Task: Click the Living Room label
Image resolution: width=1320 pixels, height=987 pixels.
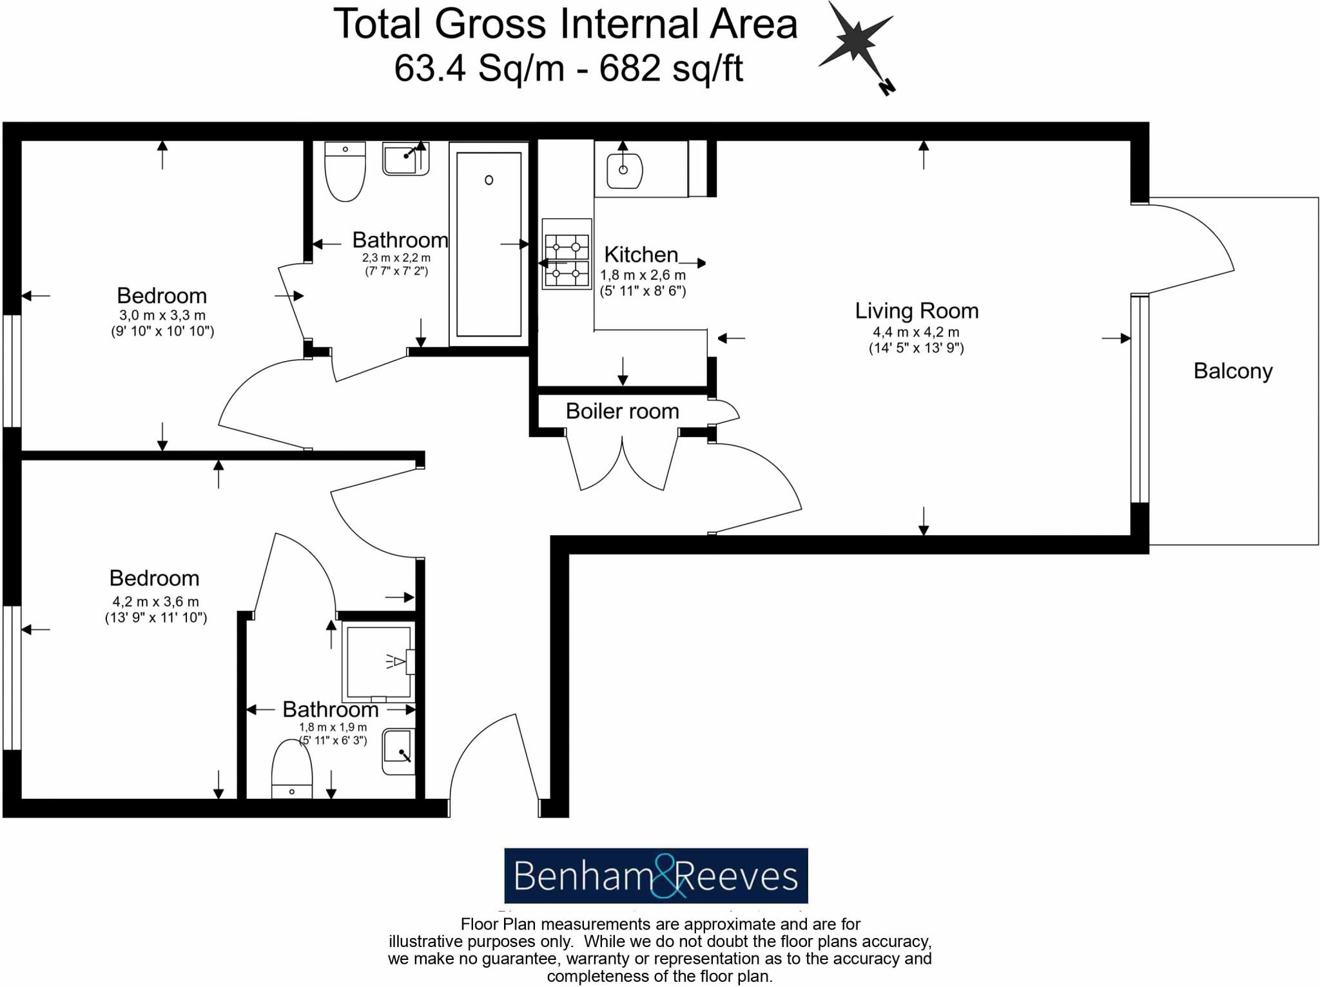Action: (x=916, y=311)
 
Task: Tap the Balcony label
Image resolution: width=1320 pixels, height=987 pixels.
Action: (x=1232, y=371)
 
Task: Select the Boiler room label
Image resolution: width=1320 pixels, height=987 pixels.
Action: (x=622, y=411)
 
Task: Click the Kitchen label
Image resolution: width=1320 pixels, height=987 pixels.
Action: (x=641, y=255)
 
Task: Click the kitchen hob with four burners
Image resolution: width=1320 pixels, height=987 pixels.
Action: (x=567, y=254)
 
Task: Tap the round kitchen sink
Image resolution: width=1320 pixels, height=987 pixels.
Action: (x=624, y=170)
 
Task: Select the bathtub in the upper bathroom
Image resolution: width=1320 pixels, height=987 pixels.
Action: (x=489, y=244)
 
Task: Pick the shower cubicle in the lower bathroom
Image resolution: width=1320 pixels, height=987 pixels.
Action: (x=379, y=662)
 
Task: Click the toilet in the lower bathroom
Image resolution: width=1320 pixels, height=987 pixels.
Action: (x=292, y=770)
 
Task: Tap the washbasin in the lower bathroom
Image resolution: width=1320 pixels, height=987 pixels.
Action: (x=398, y=751)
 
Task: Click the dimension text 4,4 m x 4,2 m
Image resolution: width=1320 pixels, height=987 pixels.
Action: (x=916, y=332)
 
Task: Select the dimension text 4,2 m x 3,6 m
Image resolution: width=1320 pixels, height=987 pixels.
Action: (x=155, y=601)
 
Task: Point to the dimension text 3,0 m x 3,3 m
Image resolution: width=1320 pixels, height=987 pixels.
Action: (x=162, y=315)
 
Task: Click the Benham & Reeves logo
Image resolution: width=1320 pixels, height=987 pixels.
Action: (x=655, y=875)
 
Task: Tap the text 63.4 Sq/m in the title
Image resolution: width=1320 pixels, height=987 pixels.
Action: (x=478, y=68)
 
